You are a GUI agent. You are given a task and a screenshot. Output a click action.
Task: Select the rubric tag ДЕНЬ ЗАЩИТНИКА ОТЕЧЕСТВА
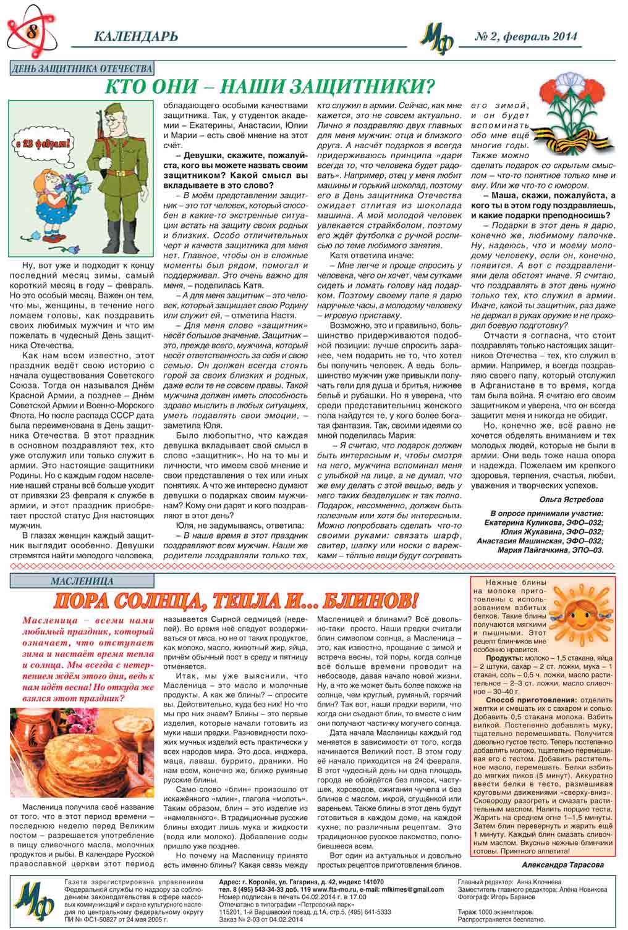point(82,69)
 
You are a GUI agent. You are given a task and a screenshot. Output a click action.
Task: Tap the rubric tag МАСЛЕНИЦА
point(82,581)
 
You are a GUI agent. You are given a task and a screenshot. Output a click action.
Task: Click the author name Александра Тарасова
point(562,865)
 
